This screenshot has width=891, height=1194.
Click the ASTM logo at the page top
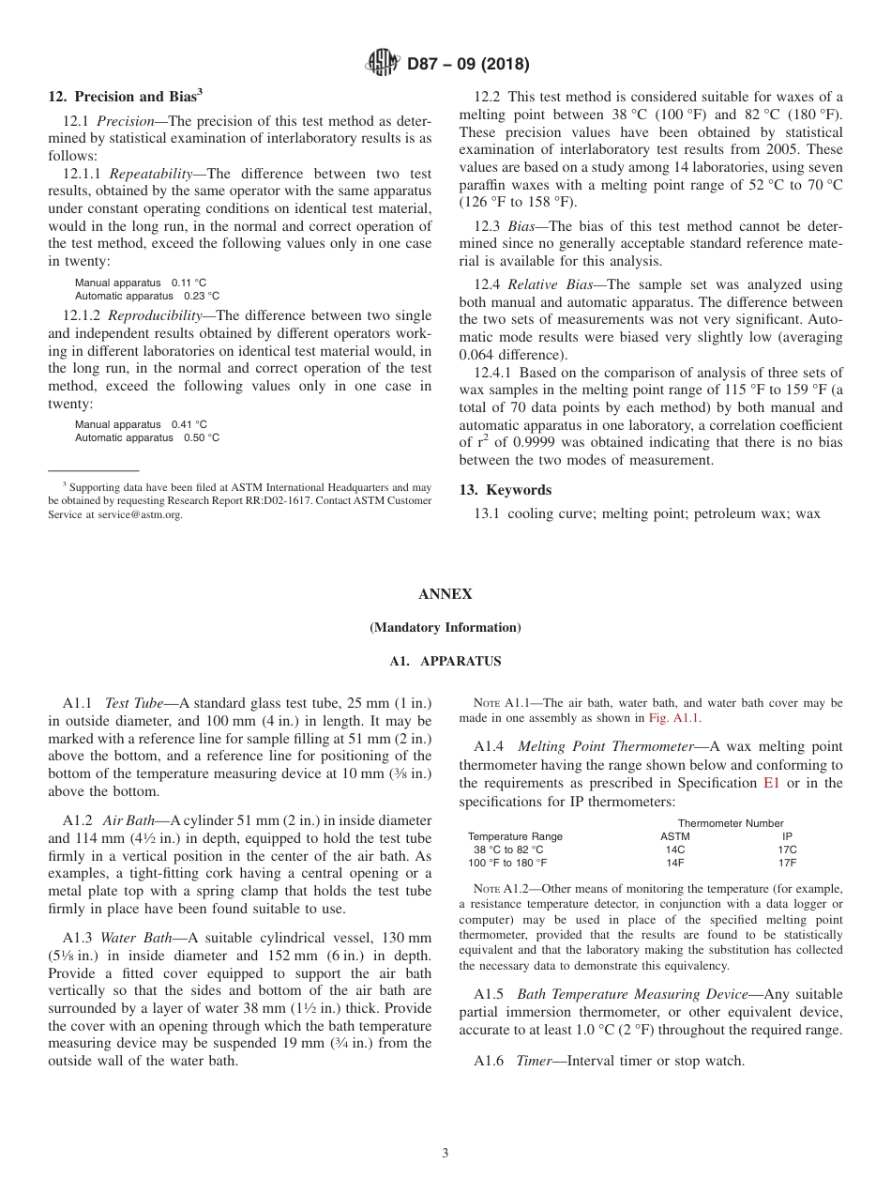pyautogui.click(x=383, y=64)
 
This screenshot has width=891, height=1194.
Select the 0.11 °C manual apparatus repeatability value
pyautogui.click(x=189, y=283)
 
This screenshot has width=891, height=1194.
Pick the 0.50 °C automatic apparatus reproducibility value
pyautogui.click(x=202, y=438)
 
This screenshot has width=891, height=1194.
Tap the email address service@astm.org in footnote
pyautogui.click(x=140, y=515)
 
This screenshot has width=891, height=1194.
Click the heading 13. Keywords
pyautogui.click(x=505, y=490)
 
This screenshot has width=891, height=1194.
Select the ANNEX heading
pyautogui.click(x=445, y=595)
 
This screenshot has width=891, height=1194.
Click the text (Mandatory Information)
pyautogui.click(x=445, y=628)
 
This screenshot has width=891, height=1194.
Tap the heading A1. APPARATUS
pyautogui.click(x=445, y=662)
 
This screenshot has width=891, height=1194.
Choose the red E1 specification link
pyautogui.click(x=772, y=783)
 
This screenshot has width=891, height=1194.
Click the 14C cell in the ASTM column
pyautogui.click(x=675, y=850)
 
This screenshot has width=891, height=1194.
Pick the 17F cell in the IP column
pyautogui.click(x=788, y=863)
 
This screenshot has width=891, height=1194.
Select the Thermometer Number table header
pyautogui.click(x=730, y=823)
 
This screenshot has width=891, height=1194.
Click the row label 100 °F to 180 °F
pyautogui.click(x=507, y=863)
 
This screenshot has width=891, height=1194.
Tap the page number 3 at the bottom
pyautogui.click(x=445, y=1154)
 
